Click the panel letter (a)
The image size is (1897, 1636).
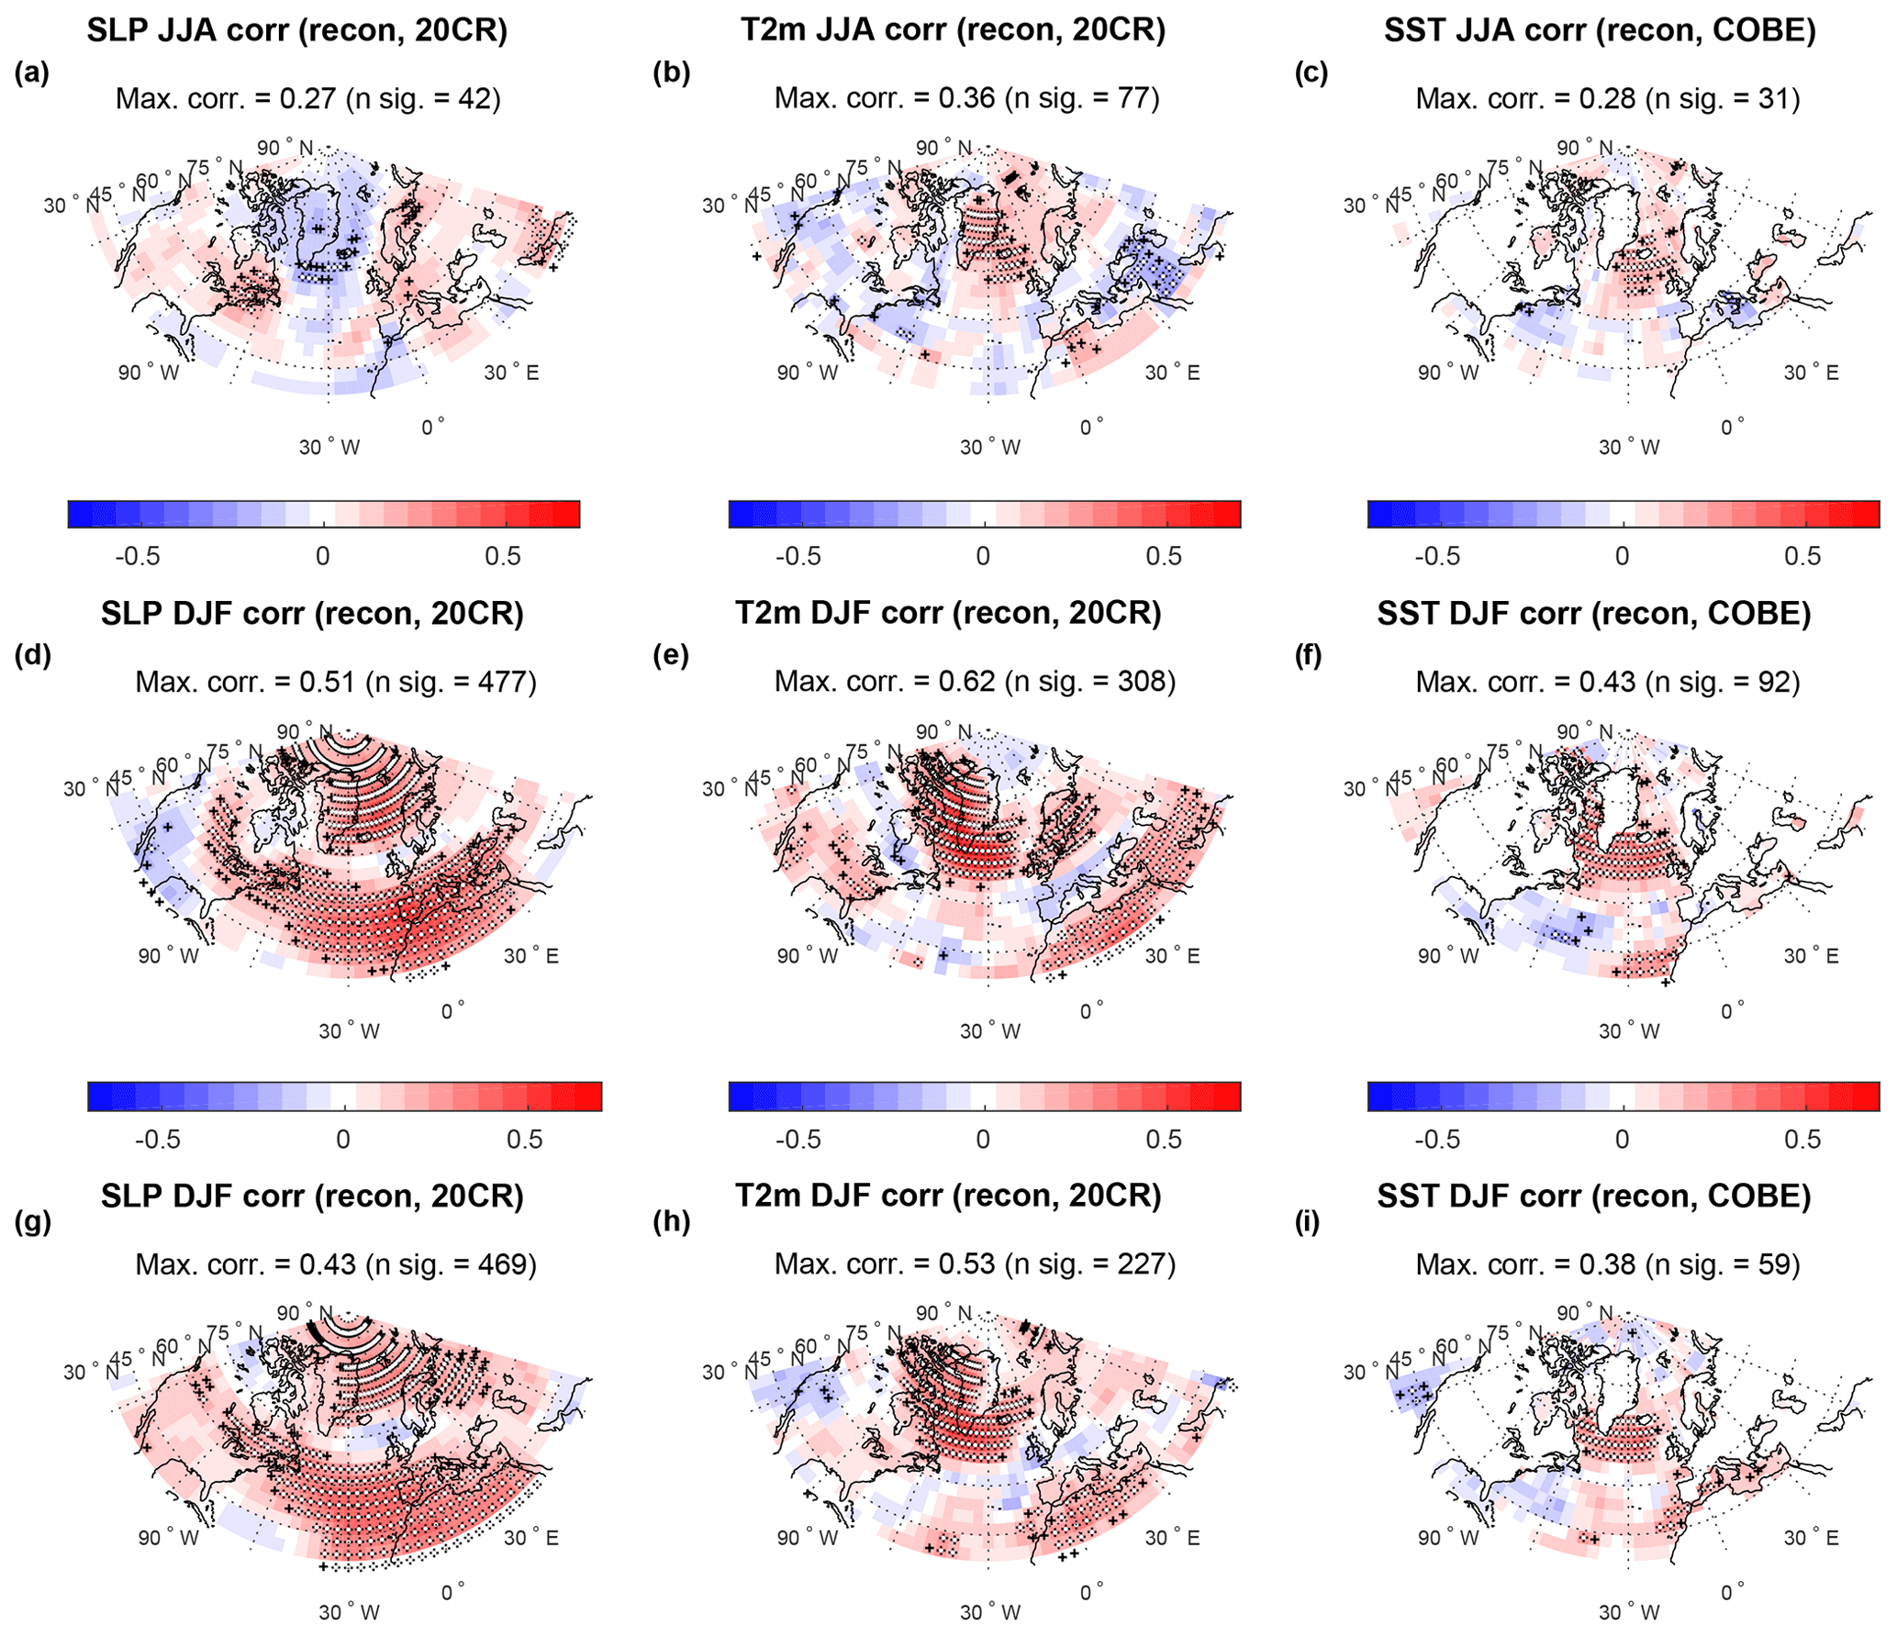point(31,72)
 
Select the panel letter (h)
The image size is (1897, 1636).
point(671,1221)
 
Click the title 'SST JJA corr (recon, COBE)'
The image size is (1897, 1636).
point(1599,30)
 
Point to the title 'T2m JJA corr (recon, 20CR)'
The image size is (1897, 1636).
point(953,30)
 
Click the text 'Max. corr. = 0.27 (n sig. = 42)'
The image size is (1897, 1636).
point(307,98)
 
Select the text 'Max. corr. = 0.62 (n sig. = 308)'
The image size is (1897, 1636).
point(975,681)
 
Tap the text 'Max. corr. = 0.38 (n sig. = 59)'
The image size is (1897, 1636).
point(1607,1264)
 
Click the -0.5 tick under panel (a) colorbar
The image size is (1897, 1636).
point(138,556)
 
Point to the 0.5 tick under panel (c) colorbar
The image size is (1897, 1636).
point(1802,556)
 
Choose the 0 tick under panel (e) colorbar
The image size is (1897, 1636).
point(983,1140)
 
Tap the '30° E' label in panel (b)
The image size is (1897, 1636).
point(1172,373)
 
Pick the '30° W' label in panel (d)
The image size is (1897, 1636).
point(349,1031)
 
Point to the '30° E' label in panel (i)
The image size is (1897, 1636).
point(1811,1538)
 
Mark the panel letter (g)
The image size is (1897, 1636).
point(32,1221)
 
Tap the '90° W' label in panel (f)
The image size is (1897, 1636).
point(1447,956)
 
